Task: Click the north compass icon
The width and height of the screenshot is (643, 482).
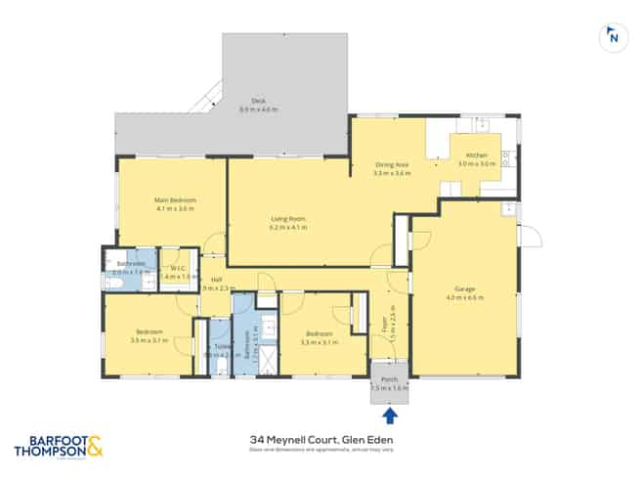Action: point(612,37)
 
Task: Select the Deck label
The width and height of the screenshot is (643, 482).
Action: point(258,101)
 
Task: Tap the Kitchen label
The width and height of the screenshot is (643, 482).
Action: point(476,156)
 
